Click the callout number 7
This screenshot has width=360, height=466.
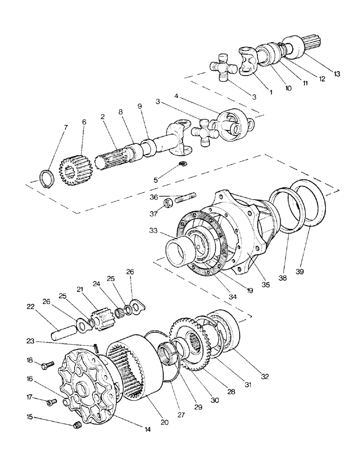pyautogui.click(x=64, y=127)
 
